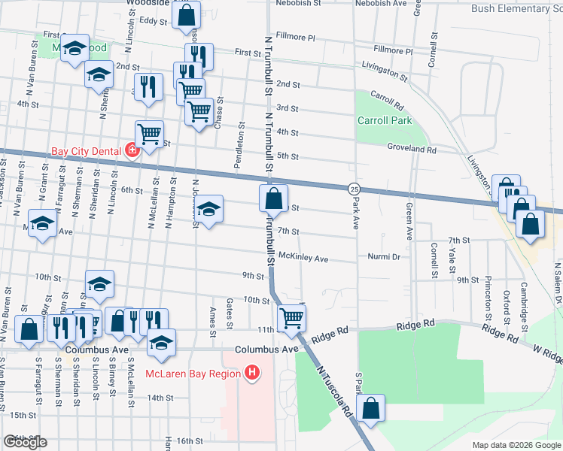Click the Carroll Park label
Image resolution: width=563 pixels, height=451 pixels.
pos(384,120)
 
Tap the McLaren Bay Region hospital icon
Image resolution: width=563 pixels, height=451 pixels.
pos(252,373)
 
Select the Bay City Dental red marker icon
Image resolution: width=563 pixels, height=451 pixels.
pos(132,150)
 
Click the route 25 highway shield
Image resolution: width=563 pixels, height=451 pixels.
pos(353,187)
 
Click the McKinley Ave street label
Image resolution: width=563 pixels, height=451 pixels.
pos(304,259)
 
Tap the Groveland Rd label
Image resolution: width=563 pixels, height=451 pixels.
pos(412,150)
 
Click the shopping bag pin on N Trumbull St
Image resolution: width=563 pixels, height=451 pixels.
pos(273,199)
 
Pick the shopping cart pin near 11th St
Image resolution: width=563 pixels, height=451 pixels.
pos(291,319)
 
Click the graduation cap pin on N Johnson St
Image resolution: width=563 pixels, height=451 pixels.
pos(210,210)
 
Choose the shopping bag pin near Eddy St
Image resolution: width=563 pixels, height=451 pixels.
pos(186,14)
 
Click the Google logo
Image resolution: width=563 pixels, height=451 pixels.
pos(25,442)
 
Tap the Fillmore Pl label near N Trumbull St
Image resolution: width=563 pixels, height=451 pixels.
pos(296,36)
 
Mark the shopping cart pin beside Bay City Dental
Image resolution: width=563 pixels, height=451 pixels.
pos(149,135)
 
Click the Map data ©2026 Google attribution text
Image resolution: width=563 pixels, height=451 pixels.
pos(516,444)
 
